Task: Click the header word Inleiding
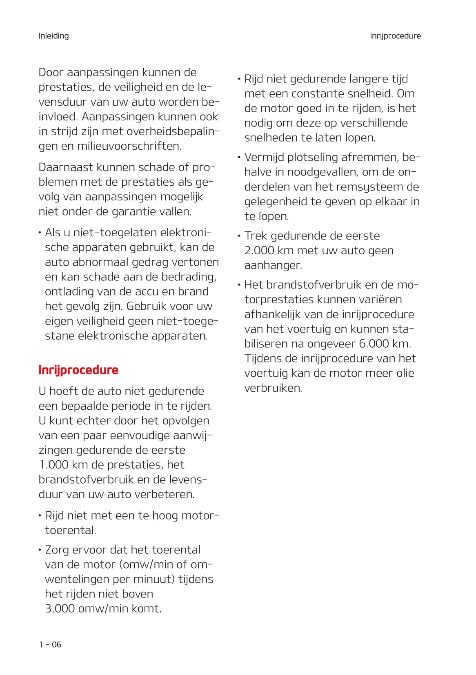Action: pos(53,36)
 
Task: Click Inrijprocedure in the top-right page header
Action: pos(395,36)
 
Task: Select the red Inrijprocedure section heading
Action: pos(78,370)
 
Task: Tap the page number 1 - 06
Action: pos(50,644)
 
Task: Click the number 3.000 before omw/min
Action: pos(60,608)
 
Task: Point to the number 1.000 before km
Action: pos(53,465)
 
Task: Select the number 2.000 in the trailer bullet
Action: pos(259,251)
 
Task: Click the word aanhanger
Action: pos(272,265)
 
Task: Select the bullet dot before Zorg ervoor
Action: pos(40,550)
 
